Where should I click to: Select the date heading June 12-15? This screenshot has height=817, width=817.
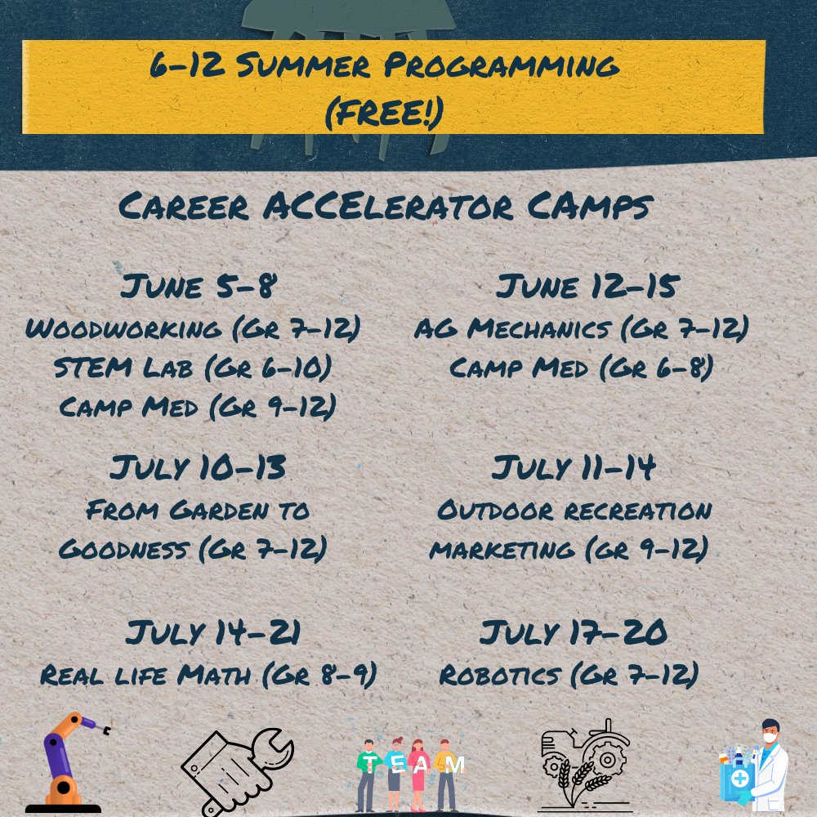[x=587, y=288]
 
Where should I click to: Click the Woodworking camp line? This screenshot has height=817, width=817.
[x=193, y=328]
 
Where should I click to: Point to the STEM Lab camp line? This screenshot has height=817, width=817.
[x=193, y=368]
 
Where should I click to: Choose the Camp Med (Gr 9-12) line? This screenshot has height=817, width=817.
[x=197, y=406]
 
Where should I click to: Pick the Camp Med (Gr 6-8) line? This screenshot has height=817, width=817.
[x=581, y=368]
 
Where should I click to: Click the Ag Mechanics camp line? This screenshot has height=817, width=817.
[x=581, y=328]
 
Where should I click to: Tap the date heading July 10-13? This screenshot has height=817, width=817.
[x=198, y=469]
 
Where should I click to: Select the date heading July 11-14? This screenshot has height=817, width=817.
[x=574, y=469]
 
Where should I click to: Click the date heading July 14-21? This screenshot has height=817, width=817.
[x=213, y=633]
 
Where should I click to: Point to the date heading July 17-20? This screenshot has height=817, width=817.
[x=574, y=633]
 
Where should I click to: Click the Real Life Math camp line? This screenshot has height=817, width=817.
[x=208, y=676]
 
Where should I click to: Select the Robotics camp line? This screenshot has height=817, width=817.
[x=569, y=676]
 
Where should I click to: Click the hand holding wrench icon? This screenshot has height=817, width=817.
[x=235, y=768]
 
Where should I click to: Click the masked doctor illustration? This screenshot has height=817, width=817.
[x=756, y=768]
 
